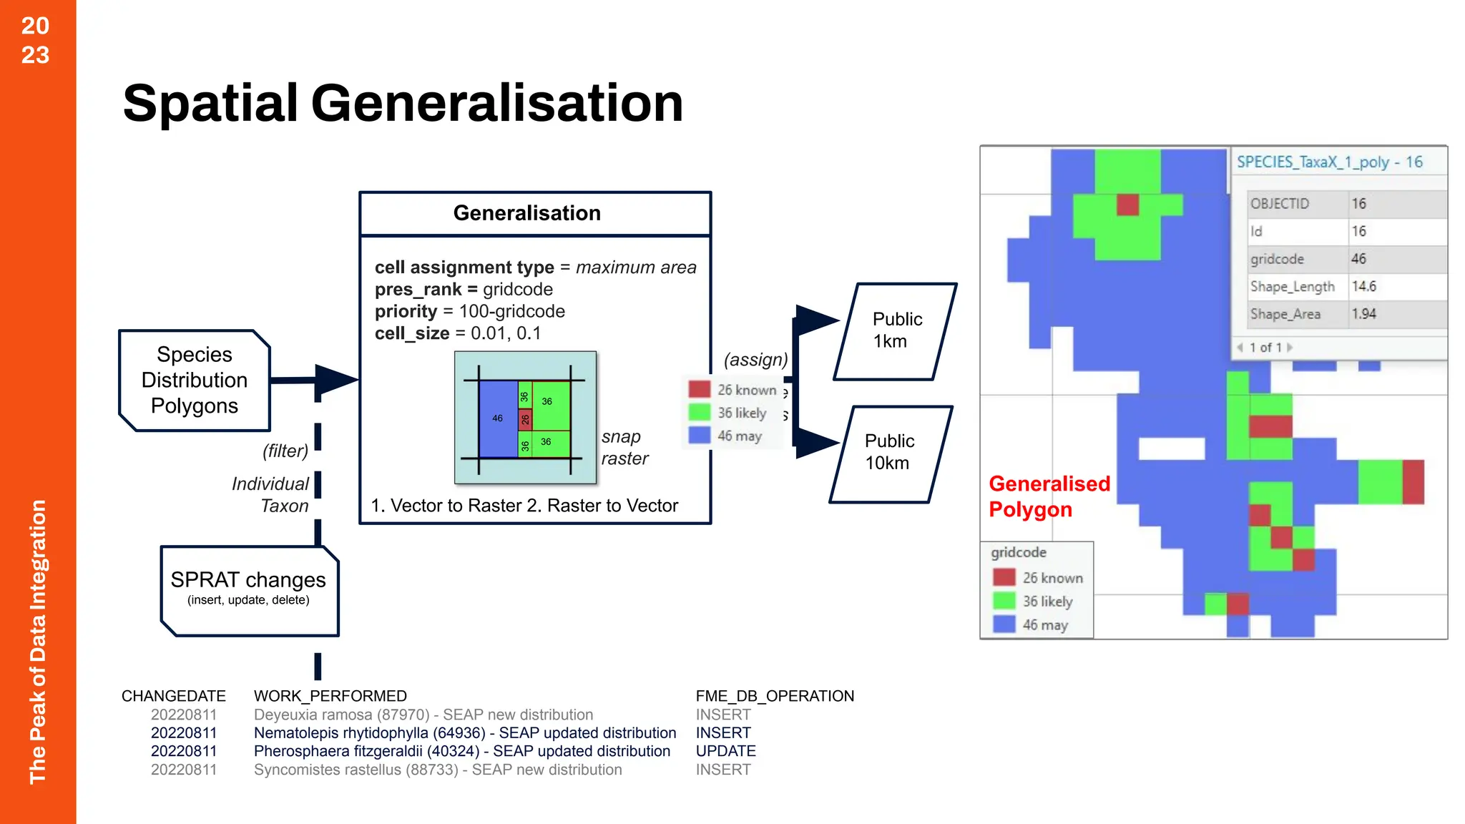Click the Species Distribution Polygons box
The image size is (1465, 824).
pos(195,380)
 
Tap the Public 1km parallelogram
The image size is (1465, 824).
pos(896,330)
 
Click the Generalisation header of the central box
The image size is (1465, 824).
pos(527,213)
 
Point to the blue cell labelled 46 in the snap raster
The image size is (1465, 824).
pos(497,418)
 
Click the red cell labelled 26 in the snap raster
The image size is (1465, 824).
pos(524,419)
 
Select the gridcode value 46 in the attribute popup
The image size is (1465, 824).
pos(1358,259)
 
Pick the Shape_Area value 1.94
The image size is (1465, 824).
pos(1363,314)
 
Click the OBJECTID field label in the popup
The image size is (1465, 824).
pos(1280,204)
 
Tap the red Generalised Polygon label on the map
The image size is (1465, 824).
pos(1049,496)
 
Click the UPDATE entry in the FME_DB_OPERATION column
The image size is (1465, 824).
pos(725,751)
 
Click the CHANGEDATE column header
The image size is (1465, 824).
pos(173,696)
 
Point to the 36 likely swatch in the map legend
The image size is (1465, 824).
pos(1004,601)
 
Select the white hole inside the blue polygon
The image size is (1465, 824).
pos(1171,448)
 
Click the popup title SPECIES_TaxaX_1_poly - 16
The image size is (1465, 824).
pos(1329,162)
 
